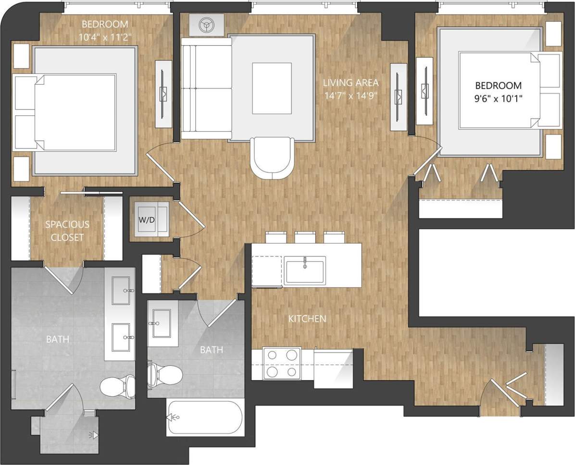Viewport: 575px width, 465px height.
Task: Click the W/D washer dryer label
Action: pos(148,220)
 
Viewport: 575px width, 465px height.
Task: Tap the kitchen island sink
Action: pos(304,270)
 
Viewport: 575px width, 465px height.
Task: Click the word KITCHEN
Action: pos(307,318)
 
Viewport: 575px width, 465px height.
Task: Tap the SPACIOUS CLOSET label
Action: pos(67,231)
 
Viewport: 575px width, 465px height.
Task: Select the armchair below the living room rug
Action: pos(272,158)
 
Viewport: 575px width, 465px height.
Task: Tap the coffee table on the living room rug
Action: pos(272,88)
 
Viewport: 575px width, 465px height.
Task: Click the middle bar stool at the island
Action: pos(305,237)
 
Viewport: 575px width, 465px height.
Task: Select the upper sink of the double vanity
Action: pos(121,291)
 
